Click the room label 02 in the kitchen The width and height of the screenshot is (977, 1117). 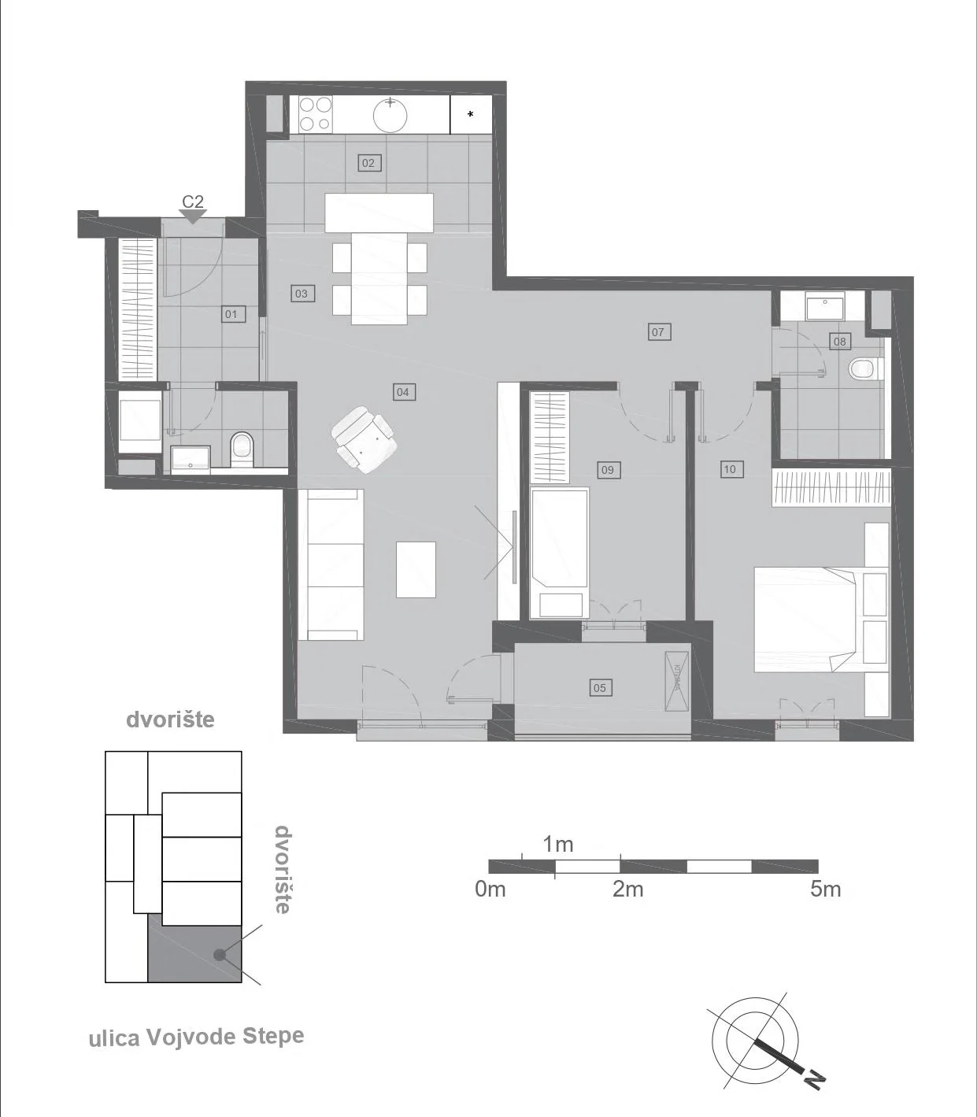click(368, 163)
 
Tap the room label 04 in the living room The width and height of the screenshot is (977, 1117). click(403, 392)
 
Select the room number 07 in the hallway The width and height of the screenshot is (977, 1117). click(657, 331)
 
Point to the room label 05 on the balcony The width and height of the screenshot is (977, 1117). click(599, 688)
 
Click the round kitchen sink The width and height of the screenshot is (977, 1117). click(390, 115)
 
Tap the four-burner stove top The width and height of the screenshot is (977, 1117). click(316, 114)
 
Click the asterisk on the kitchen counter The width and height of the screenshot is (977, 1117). click(471, 115)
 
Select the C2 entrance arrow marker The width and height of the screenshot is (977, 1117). click(192, 216)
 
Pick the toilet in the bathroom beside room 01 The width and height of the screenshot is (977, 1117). click(242, 449)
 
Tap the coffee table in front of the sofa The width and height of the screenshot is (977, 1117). click(416, 569)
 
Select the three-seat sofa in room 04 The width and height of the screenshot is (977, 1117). click(331, 564)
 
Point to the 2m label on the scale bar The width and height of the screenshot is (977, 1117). click(627, 890)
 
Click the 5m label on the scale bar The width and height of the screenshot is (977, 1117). click(825, 890)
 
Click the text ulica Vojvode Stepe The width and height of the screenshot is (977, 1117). click(197, 1037)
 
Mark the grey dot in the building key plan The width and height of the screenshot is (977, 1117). click(219, 955)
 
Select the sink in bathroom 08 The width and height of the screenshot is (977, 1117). click(825, 305)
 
